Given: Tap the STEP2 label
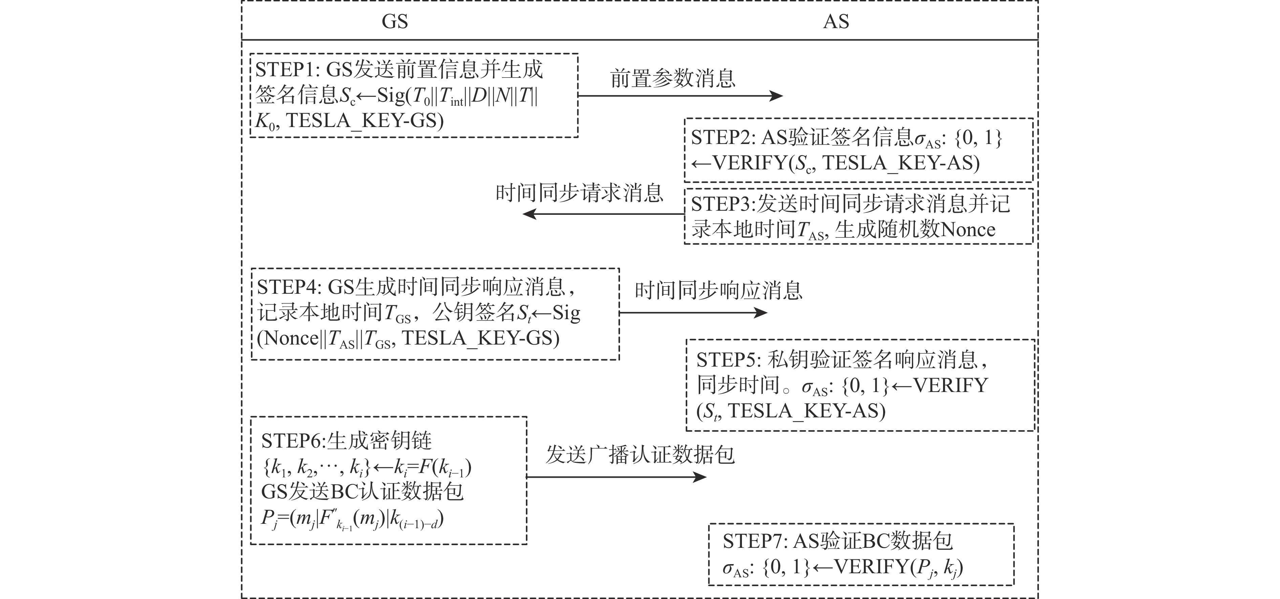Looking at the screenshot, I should point(723,138).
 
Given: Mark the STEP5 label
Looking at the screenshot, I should point(728,359).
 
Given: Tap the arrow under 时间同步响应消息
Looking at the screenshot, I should point(693,313).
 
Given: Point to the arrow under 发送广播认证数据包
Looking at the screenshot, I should point(616,477).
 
